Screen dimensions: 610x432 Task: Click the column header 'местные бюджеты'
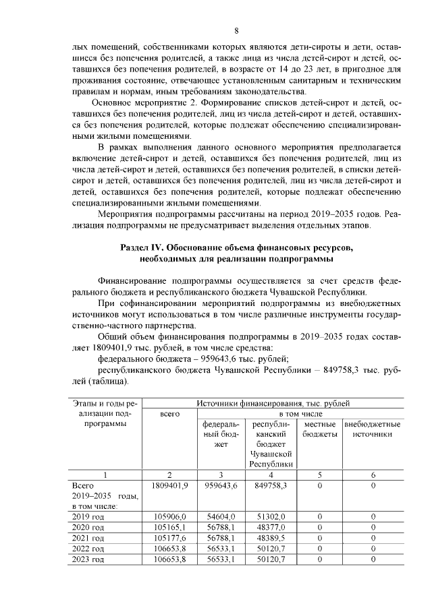pyautogui.click(x=321, y=429)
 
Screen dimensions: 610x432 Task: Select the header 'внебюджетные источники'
pyautogui.click(x=373, y=429)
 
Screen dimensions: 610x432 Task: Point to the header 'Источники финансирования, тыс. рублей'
pyautogui.click(x=277, y=402)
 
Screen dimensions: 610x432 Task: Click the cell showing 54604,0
pyautogui.click(x=221, y=516)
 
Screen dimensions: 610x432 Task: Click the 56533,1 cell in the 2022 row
pyautogui.click(x=221, y=549)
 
